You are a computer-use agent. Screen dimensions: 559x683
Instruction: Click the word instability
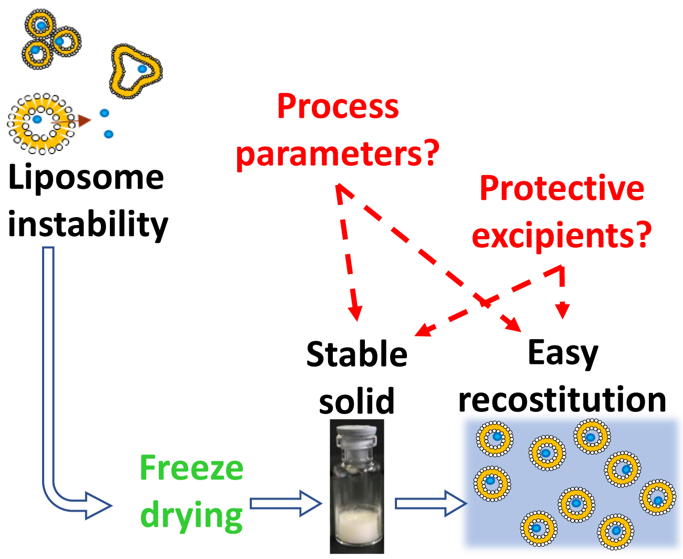[x=88, y=225]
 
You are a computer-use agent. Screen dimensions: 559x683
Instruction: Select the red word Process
[x=338, y=107]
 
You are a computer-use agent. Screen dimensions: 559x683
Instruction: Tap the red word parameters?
[x=337, y=154]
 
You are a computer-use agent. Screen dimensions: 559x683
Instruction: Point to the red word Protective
[x=562, y=188]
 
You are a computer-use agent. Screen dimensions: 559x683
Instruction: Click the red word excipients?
[x=562, y=235]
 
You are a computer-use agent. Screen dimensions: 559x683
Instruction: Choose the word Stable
[x=356, y=354]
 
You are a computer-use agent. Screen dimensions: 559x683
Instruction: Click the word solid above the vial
[x=356, y=401]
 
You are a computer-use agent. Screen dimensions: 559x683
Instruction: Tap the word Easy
[x=563, y=353]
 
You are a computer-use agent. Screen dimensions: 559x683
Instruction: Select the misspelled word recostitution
[x=562, y=400]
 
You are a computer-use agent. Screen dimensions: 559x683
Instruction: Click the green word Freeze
[x=191, y=468]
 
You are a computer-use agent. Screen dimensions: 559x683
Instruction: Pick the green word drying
[x=191, y=515]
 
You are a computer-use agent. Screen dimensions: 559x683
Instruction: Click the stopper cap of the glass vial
[x=357, y=436]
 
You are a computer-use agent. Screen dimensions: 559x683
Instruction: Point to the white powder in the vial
[x=358, y=526]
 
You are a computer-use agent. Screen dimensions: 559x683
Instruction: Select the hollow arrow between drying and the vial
[x=286, y=503]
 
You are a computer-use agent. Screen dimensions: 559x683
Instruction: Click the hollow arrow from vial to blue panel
[x=431, y=503]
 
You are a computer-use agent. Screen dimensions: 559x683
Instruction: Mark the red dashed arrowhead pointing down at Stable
[x=356, y=313]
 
